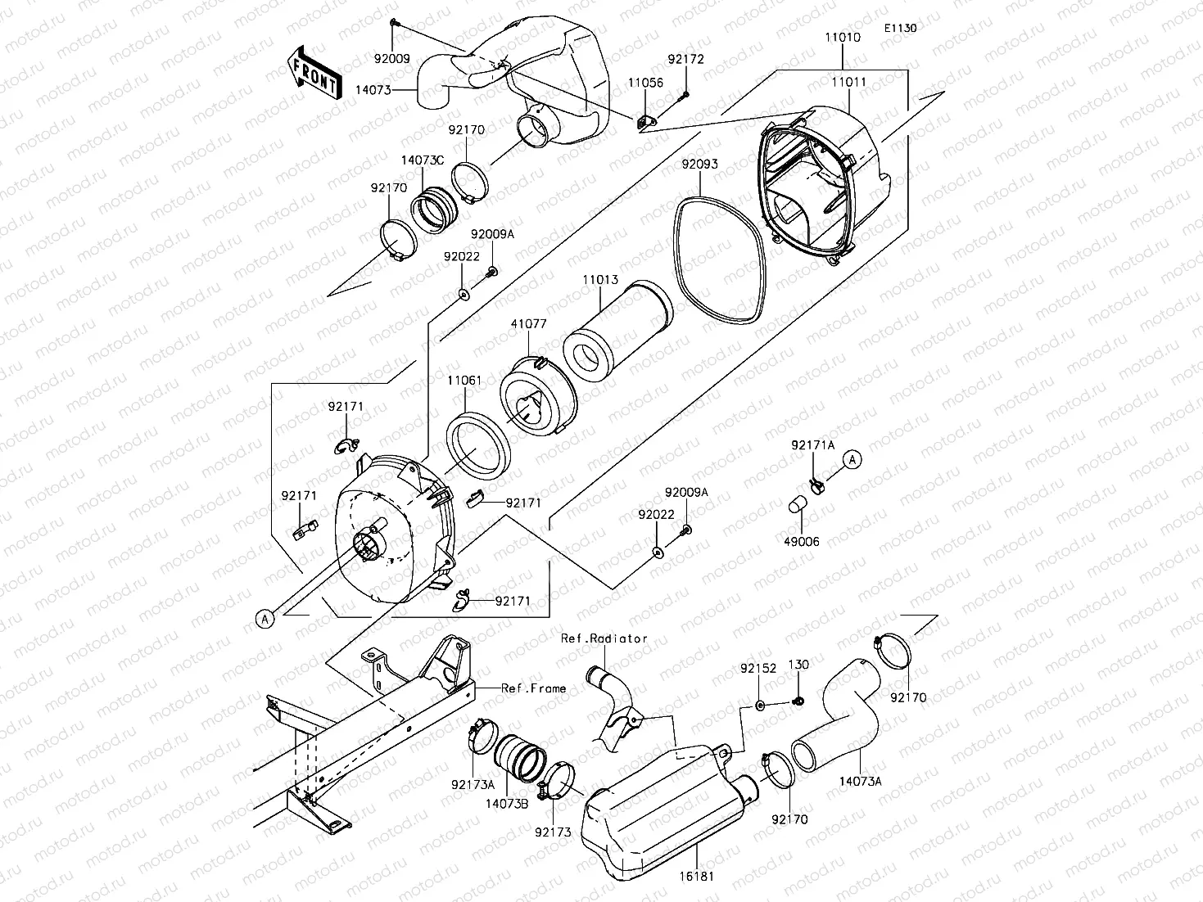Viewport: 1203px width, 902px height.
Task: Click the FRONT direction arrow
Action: point(314,72)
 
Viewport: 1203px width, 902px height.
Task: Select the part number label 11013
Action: point(600,280)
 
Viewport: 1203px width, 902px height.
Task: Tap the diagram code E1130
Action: point(900,28)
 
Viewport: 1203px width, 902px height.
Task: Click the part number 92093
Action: point(700,164)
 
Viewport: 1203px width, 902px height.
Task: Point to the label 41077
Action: point(529,323)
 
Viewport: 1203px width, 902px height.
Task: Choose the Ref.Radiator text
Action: point(604,638)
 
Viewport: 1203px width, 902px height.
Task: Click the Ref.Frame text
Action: point(533,688)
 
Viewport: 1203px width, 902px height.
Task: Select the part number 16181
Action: point(697,877)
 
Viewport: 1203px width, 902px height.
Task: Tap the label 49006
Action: point(801,542)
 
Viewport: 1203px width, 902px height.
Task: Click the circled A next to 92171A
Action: point(853,460)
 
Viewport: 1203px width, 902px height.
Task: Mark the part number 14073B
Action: point(507,804)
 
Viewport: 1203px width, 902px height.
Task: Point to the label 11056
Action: point(645,83)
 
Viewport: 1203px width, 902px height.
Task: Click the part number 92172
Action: point(685,59)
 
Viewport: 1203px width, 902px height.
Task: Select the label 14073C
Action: point(423,160)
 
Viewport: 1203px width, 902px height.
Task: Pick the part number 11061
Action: point(464,380)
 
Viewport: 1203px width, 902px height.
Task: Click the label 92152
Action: point(758,669)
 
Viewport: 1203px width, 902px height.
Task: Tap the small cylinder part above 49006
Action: point(798,504)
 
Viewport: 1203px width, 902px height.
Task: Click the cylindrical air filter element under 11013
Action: point(617,331)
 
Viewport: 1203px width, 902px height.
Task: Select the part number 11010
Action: point(843,37)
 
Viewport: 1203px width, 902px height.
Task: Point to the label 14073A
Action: point(861,782)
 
